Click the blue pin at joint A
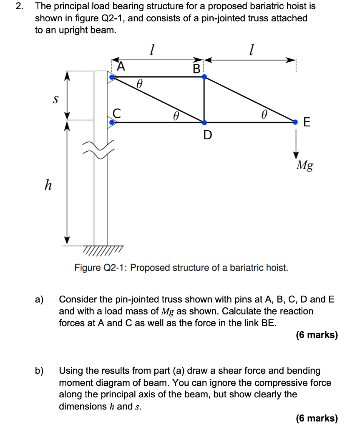click(111, 77)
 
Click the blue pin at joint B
click(204, 77)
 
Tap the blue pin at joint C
click(111, 122)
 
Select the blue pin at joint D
click(204, 122)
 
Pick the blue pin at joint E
click(296, 122)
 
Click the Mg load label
click(305, 166)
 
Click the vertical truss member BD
click(204, 100)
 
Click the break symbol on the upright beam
click(101, 150)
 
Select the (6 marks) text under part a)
click(316, 335)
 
